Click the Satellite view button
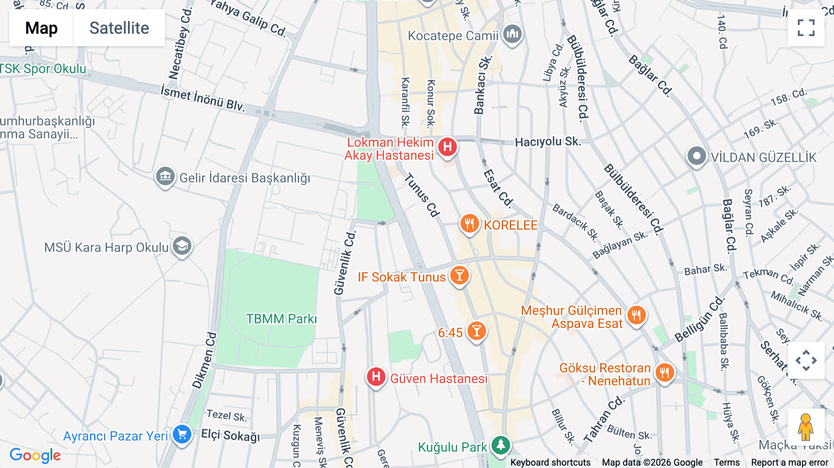coord(119,28)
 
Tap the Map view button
coord(41,28)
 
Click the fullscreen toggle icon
coord(806,28)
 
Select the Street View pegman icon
coord(806,427)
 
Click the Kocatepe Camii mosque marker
coord(512,34)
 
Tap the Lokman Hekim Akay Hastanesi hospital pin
coord(447,147)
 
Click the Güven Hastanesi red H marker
coord(376,377)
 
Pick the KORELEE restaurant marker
coord(469,224)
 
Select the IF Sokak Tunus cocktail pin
coord(459,276)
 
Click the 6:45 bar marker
coord(476,331)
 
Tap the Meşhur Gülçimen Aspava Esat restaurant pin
coord(636,316)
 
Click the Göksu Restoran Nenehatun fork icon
coord(664,372)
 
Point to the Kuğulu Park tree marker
coord(500,445)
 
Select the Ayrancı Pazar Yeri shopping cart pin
coord(182,435)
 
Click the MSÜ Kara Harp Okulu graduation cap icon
coord(182,246)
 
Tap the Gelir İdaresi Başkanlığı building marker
coord(165,177)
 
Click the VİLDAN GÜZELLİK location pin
coord(696,156)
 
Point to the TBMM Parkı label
coord(281,319)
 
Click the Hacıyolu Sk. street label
coord(548,141)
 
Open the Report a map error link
coord(790,462)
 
